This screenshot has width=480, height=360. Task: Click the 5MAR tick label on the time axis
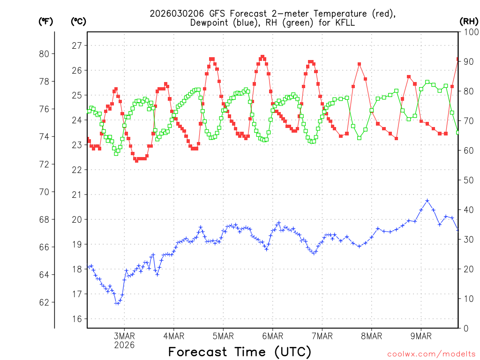223,336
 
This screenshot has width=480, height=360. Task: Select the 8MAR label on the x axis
372,336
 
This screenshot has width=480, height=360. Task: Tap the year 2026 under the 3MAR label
124,345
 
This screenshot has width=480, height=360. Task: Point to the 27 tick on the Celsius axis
77,45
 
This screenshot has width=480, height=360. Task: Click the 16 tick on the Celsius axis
77,319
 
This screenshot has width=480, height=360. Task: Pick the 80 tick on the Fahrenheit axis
45,53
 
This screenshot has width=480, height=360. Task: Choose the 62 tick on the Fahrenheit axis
45,302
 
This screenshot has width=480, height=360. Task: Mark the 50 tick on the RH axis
468,180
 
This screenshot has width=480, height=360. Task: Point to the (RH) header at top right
468,21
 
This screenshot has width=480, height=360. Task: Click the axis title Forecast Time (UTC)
240,352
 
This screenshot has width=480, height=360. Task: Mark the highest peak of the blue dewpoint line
427,201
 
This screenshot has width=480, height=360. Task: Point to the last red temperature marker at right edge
458,59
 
